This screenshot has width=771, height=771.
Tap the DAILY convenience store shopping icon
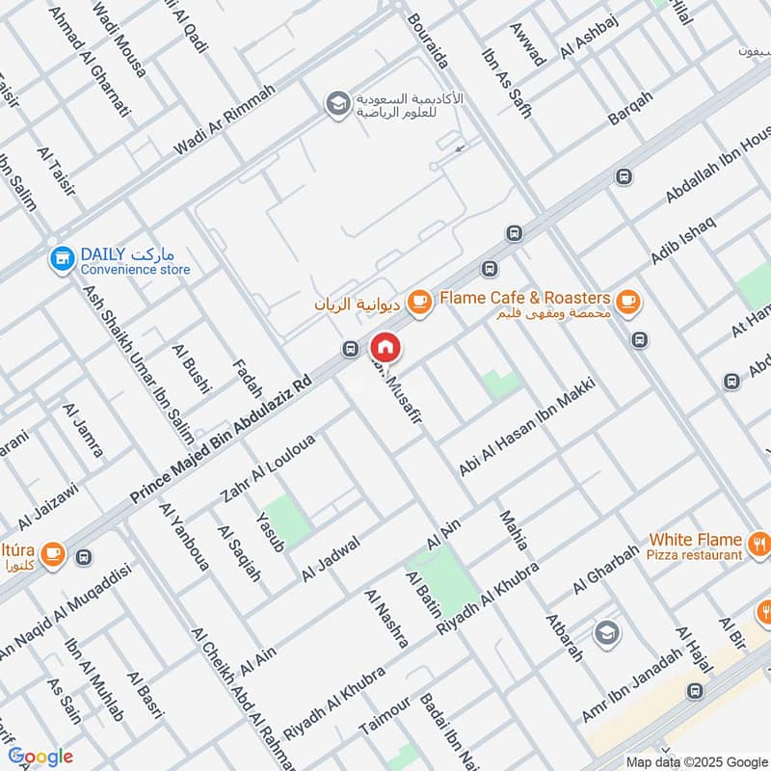(x=63, y=258)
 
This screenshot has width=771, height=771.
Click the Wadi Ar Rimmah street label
(x=224, y=120)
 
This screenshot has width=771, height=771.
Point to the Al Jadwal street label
(x=330, y=558)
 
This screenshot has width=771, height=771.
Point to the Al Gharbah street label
(x=606, y=570)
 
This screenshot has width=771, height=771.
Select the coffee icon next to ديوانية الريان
(x=417, y=303)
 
